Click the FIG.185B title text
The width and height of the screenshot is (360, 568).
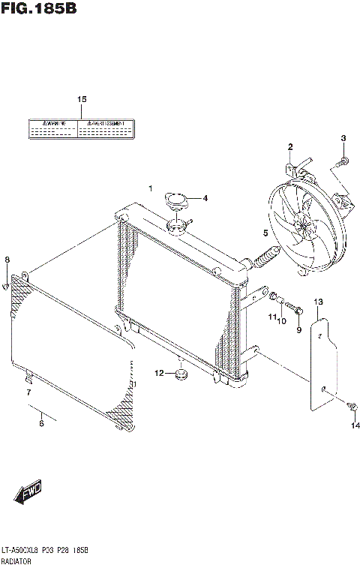click(x=40, y=10)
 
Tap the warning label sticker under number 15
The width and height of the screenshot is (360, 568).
click(x=81, y=129)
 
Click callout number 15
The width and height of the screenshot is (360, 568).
click(x=82, y=100)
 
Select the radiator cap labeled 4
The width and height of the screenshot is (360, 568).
click(x=177, y=200)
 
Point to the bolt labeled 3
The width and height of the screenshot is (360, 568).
click(x=340, y=160)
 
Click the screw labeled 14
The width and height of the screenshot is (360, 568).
click(x=350, y=406)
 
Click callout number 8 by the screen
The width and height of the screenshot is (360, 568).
click(x=7, y=260)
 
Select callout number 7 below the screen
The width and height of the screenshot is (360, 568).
click(x=28, y=392)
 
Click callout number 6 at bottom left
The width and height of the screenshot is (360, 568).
click(x=41, y=424)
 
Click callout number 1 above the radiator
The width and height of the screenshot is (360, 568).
click(x=150, y=188)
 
